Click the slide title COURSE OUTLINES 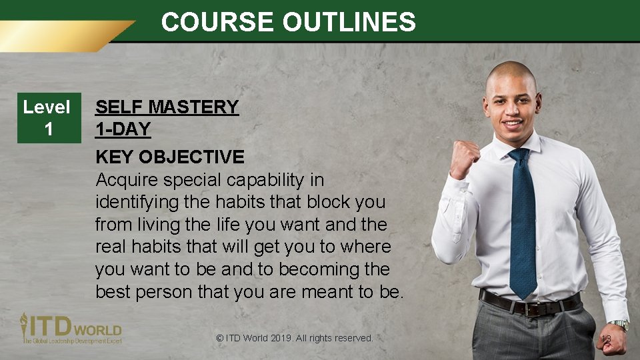288,22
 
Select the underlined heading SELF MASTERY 167,107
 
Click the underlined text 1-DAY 123,129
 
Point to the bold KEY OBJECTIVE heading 170,157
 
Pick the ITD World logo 70,328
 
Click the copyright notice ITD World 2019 295,338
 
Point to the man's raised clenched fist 465,158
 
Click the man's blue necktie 523,220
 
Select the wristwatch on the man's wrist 619,325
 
